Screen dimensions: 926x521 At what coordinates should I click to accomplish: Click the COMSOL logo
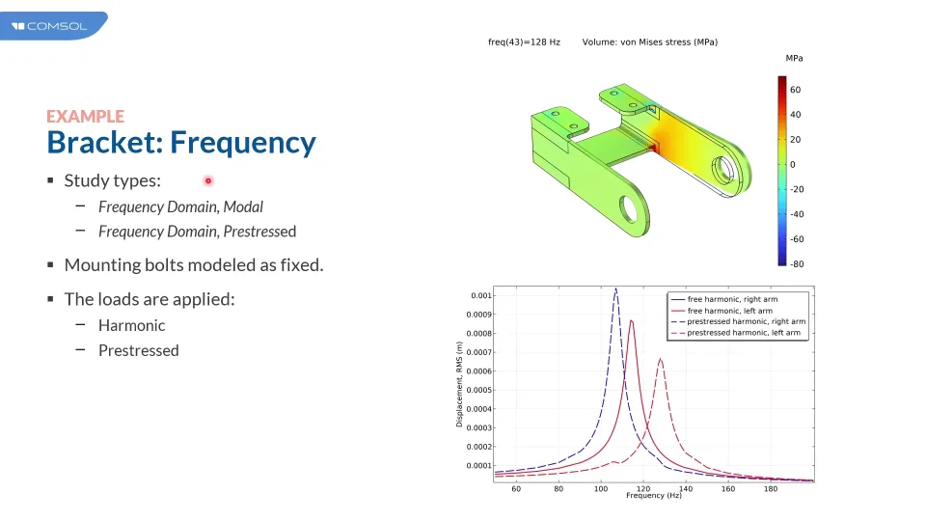(x=49, y=26)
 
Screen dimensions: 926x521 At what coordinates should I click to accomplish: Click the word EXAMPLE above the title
(x=86, y=117)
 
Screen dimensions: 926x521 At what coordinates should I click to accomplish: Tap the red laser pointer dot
(x=208, y=180)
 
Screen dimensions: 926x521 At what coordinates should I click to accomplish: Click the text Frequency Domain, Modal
(x=180, y=206)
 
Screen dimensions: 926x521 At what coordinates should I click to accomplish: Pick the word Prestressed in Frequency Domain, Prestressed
(x=259, y=232)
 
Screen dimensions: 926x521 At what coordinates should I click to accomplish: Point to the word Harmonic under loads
(x=132, y=325)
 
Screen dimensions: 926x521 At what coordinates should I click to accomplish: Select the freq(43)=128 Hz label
(x=524, y=41)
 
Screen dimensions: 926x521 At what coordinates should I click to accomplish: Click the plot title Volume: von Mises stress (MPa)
(x=649, y=41)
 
